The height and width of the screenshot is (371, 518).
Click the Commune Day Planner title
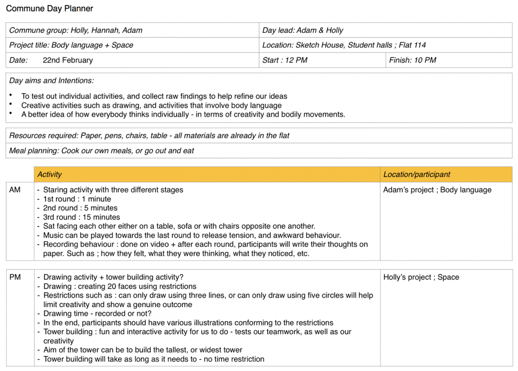tap(50, 8)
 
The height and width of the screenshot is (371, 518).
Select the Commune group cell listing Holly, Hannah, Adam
tap(76, 30)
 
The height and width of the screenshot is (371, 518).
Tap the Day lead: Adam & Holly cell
tap(303, 30)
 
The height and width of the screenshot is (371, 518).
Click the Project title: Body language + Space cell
tap(71, 45)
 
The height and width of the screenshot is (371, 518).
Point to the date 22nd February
tap(68, 60)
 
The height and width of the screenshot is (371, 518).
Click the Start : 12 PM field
tap(285, 60)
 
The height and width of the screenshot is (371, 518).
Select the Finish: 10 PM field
tap(413, 60)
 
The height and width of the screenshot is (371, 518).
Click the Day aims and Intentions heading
tap(51, 80)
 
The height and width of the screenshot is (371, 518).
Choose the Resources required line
tap(149, 135)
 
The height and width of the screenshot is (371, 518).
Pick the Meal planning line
tap(101, 151)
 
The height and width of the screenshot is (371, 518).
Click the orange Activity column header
tap(49, 174)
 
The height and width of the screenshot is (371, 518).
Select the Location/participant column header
tap(417, 174)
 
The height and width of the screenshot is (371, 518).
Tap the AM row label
tap(15, 189)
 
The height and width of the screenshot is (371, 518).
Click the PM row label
tap(15, 277)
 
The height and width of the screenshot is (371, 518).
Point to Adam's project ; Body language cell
tap(437, 189)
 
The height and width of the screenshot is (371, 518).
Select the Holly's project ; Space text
tap(421, 277)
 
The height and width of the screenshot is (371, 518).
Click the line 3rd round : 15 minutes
tap(82, 217)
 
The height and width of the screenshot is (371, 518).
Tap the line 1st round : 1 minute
tap(77, 199)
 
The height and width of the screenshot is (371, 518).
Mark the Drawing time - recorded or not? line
tap(98, 314)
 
